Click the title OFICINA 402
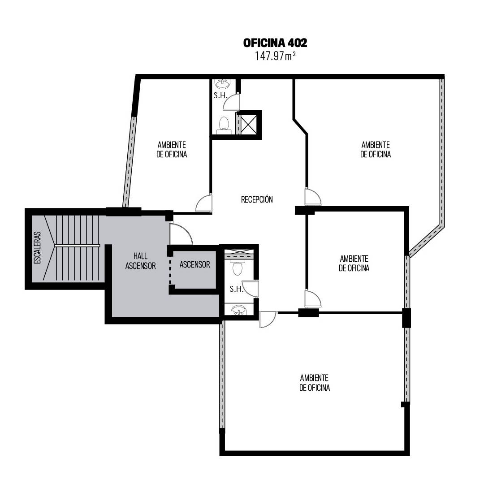pos(275,43)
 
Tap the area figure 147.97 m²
pos(275,56)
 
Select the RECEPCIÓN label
pos(257,199)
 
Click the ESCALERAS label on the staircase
pos(37,247)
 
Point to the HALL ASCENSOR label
pos(140,261)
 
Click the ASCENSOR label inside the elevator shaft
pos(195,264)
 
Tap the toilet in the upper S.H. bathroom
pos(224,125)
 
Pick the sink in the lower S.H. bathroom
pos(239,310)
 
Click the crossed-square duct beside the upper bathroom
pos(248,125)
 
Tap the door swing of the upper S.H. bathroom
pos(231,102)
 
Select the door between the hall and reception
pos(181,234)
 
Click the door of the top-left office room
pos(204,203)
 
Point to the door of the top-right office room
pos(313,196)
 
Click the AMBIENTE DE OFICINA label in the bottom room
pos(315,383)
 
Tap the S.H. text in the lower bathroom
pos(237,289)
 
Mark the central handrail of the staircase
pos(78,246)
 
